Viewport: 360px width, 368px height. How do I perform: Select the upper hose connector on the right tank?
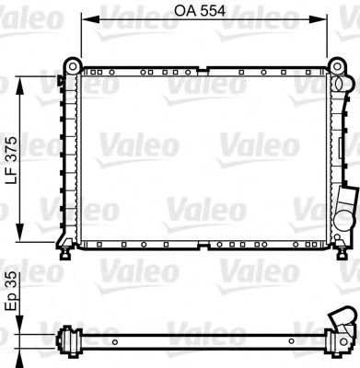click(342, 89)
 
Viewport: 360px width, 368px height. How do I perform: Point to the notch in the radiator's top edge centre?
click(204, 68)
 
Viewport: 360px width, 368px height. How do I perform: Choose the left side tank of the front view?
click(65, 156)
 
